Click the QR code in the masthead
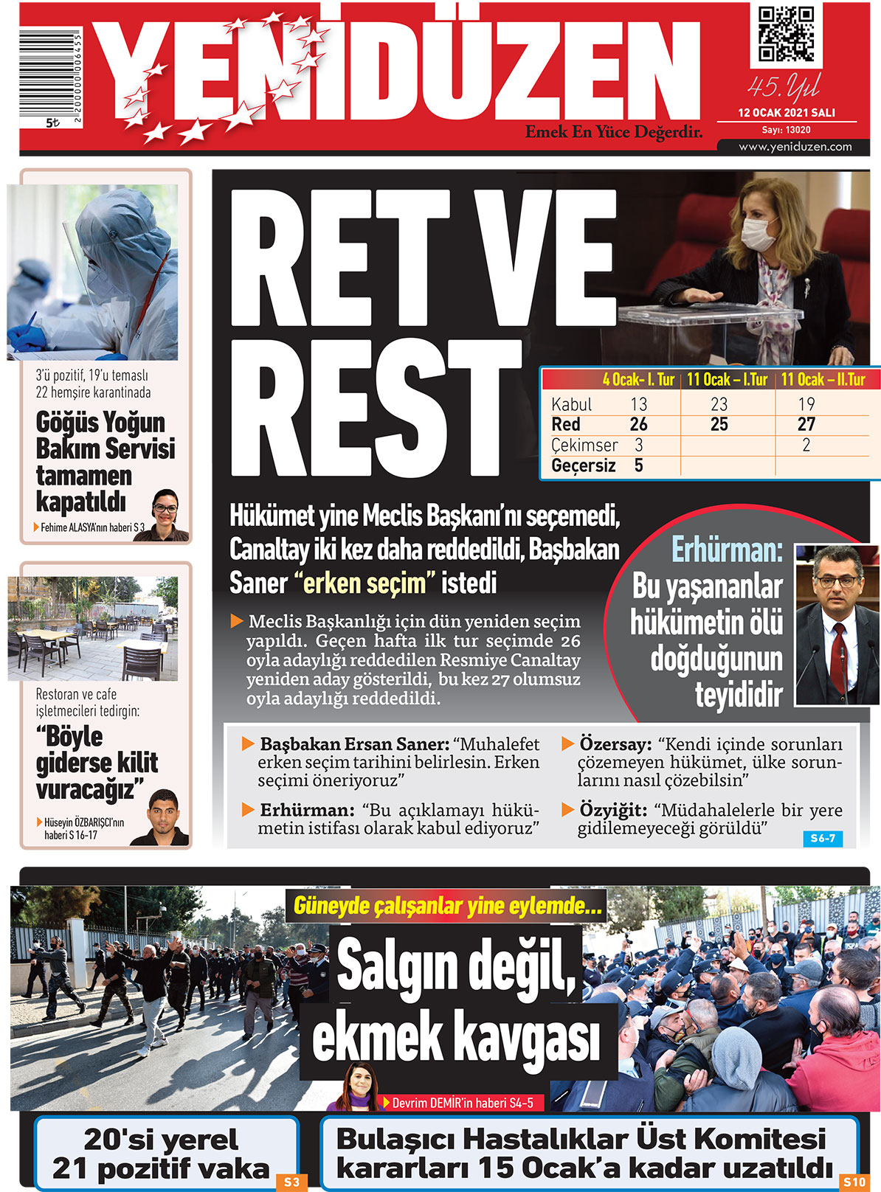[786, 35]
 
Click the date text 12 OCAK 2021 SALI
[787, 113]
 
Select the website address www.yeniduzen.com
[795, 147]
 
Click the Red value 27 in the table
[806, 425]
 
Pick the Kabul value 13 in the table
[638, 404]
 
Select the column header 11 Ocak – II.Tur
[823, 380]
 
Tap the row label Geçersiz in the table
[583, 466]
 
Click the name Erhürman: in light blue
[726, 551]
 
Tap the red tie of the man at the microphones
[838, 649]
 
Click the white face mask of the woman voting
[759, 233]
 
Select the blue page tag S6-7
[822, 839]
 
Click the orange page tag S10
[854, 1182]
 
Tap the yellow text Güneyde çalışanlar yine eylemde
[447, 906]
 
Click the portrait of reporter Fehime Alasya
[165, 512]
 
